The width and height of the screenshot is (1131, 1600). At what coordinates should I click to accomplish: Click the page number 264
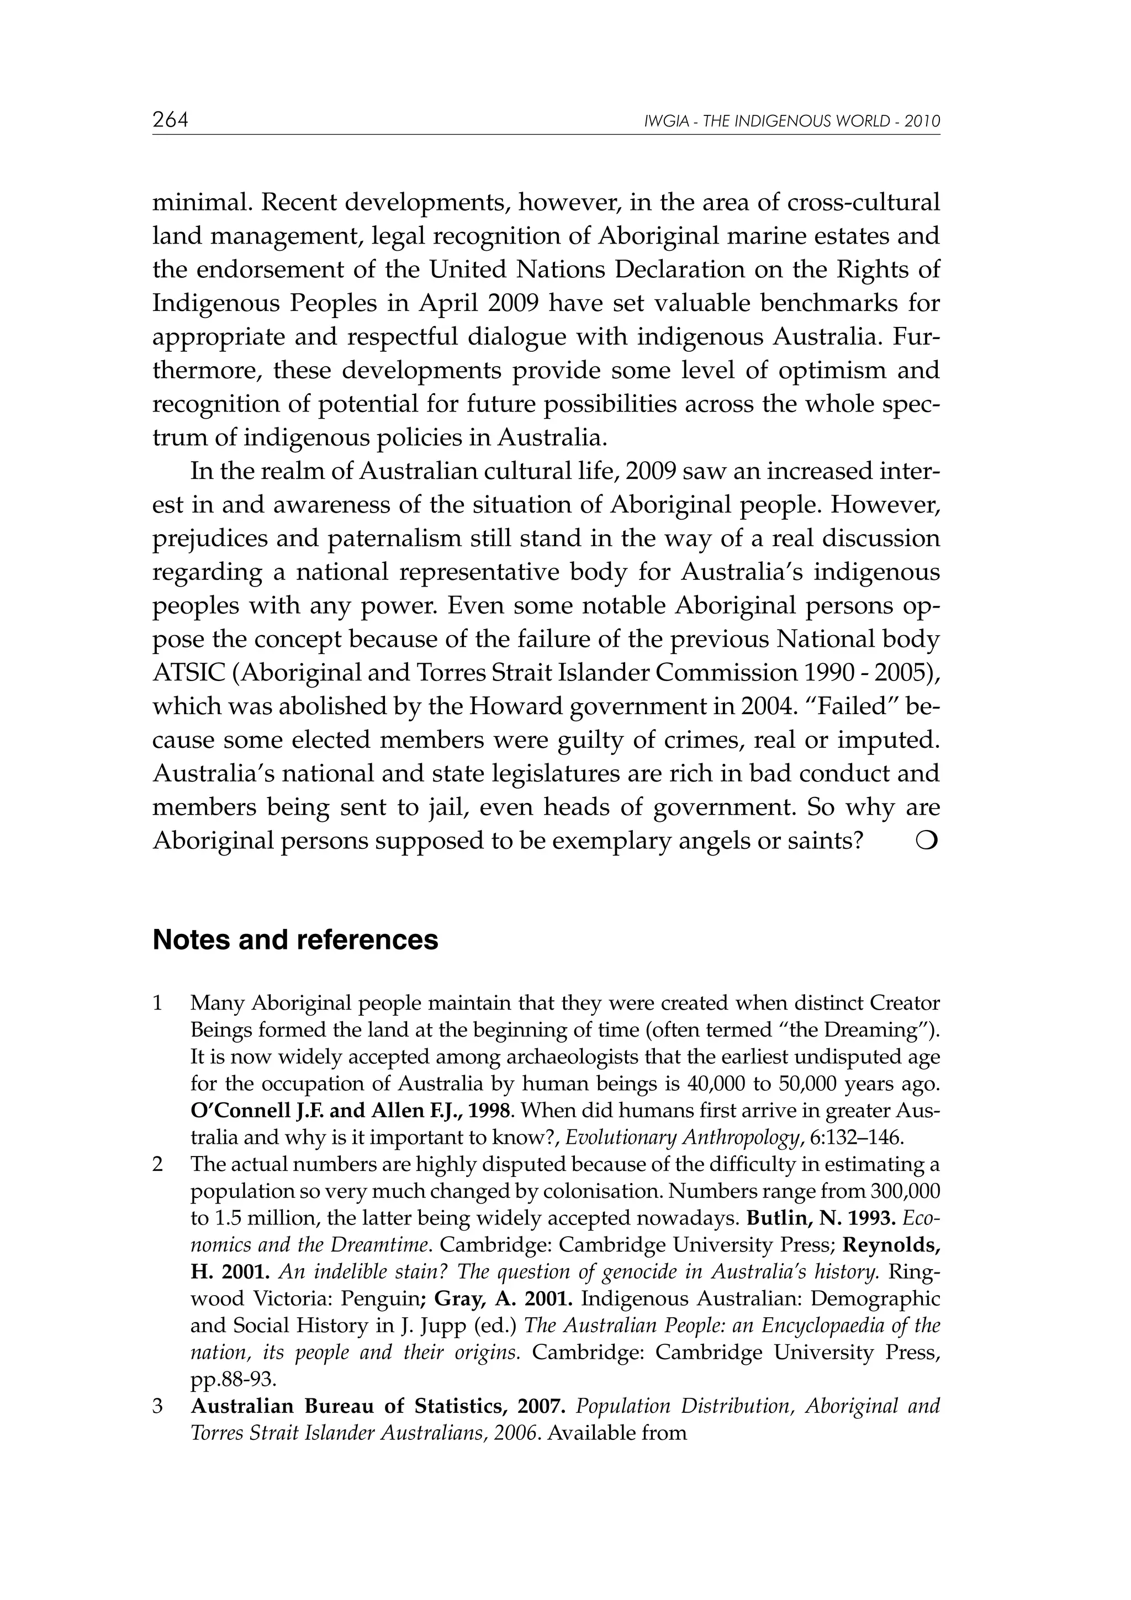coord(170,120)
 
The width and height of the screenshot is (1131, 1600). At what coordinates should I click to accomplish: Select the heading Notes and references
coord(295,940)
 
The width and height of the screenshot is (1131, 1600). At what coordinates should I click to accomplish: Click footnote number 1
coord(157,1004)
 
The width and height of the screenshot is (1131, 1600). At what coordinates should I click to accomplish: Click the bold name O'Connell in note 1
coord(235,1111)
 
